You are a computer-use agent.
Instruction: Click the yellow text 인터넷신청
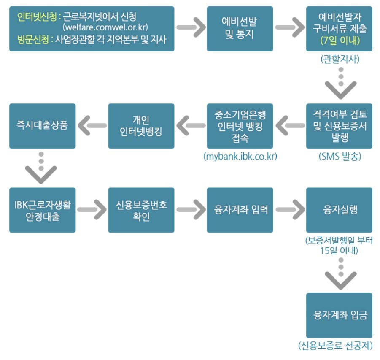pos(38,16)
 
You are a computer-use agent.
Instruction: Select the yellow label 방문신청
pos(33,40)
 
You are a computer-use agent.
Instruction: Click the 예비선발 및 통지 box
pos(240,29)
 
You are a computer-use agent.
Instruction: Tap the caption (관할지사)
pos(340,60)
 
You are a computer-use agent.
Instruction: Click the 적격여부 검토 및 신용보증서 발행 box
pos(339,126)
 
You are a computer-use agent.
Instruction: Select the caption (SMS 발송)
pos(340,157)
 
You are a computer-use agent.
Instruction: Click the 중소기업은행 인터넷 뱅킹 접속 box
pos(240,126)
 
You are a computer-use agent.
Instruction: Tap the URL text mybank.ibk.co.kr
pos(240,157)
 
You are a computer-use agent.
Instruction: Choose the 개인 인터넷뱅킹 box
pos(141,126)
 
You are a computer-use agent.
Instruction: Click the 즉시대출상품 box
pos(42,126)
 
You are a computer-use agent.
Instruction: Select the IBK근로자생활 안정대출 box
pos(42,210)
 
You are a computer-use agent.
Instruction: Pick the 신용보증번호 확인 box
pos(141,210)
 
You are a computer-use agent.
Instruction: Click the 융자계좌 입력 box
pos(240,210)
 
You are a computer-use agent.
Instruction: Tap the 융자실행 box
pos(339,210)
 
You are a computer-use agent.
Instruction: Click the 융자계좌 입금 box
pos(339,315)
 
